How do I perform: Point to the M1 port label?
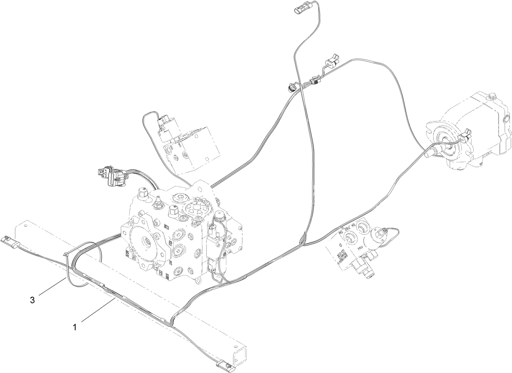coord(354,225)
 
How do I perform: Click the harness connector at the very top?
coord(298,11)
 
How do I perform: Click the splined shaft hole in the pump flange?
coord(147,244)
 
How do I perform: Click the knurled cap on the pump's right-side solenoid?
coord(220,216)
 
